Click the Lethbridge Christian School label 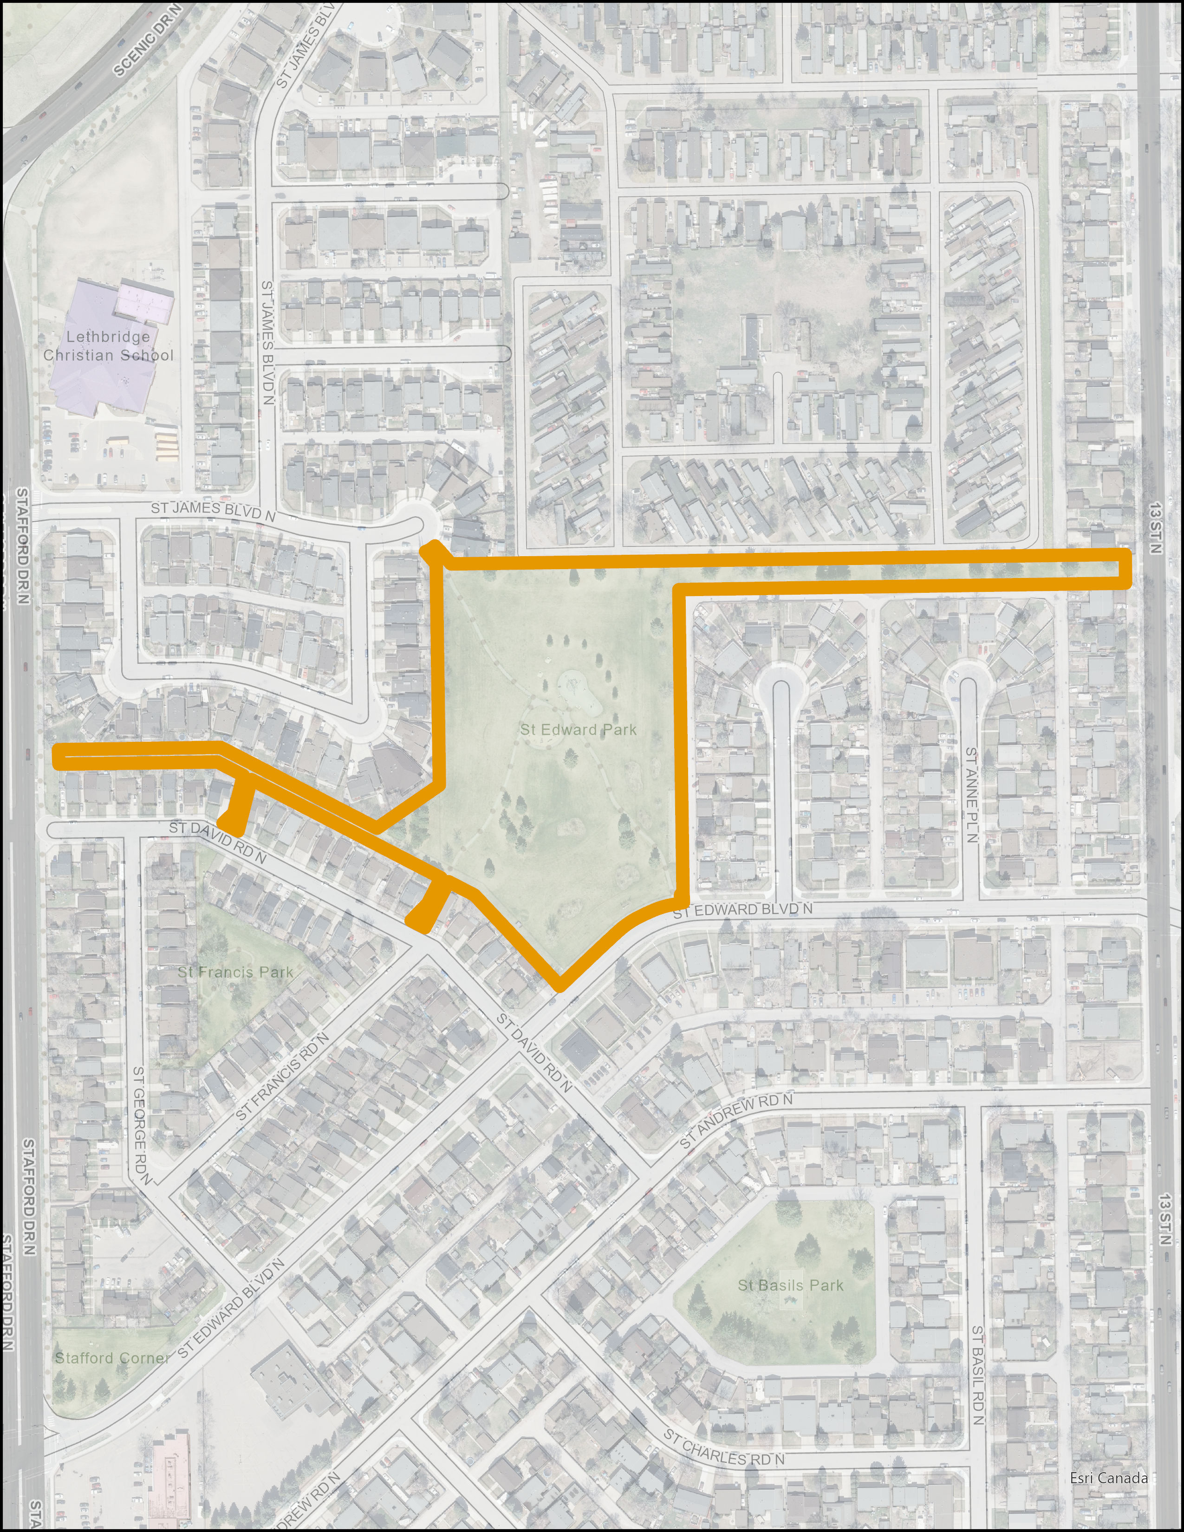pyautogui.click(x=108, y=346)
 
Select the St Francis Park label pyautogui.click(x=235, y=972)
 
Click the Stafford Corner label pyautogui.click(x=112, y=1357)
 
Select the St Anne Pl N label pyautogui.click(x=971, y=794)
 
